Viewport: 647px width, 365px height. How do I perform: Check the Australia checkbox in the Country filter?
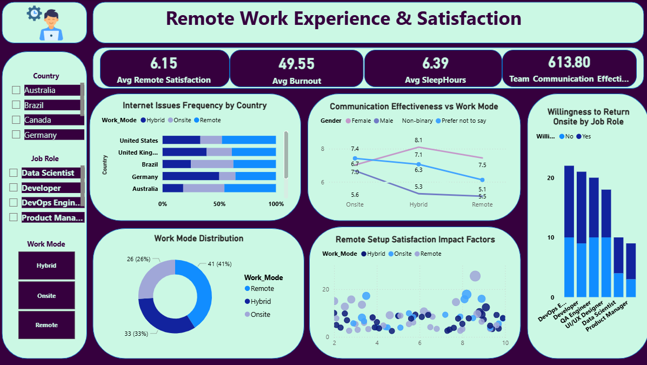tap(16, 90)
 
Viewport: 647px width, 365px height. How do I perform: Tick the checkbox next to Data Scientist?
tap(14, 173)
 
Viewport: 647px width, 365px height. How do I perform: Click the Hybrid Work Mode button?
tap(46, 266)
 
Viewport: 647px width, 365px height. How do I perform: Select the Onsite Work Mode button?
tap(46, 296)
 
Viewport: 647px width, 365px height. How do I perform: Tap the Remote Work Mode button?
tap(46, 325)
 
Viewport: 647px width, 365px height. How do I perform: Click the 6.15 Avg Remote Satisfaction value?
tap(164, 63)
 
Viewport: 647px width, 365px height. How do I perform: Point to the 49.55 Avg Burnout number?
tap(296, 64)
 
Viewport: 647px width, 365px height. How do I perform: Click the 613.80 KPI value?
tap(569, 62)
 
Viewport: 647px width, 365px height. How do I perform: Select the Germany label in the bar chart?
tap(145, 177)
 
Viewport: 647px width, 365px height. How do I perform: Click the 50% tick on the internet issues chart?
tap(219, 204)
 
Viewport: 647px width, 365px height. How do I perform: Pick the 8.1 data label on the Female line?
tap(418, 140)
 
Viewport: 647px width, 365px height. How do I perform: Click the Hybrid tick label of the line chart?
tap(418, 204)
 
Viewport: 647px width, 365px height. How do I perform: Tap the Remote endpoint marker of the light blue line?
tap(482, 180)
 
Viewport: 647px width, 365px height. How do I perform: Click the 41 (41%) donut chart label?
tap(219, 264)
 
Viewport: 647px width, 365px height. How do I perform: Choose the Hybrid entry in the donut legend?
tap(261, 302)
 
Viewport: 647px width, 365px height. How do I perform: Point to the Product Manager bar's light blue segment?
tap(631, 288)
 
